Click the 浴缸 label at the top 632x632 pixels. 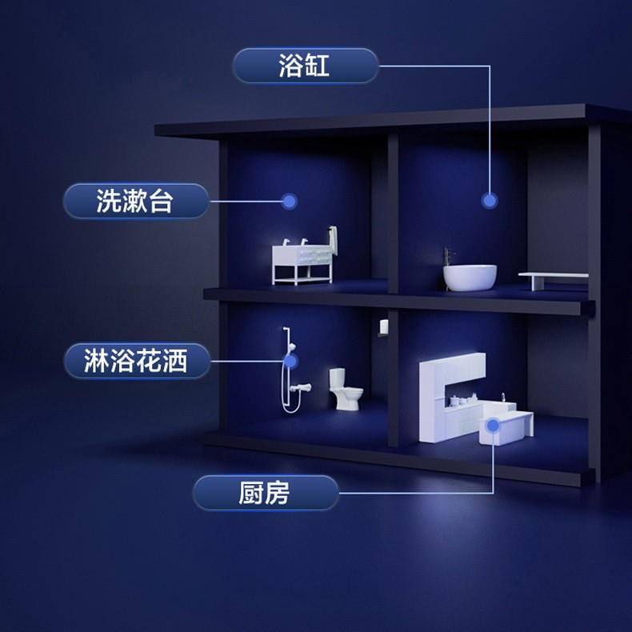coord(305,66)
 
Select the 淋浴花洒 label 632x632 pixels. coord(135,361)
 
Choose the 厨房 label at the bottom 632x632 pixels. coord(265,493)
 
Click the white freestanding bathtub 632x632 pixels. coord(470,277)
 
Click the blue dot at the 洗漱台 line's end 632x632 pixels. coord(290,201)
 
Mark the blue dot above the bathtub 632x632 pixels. coord(490,200)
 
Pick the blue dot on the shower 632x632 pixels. coord(290,362)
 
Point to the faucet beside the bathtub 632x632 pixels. coord(448,258)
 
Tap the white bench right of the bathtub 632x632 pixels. coord(553,277)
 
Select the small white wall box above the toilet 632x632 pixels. coord(383,326)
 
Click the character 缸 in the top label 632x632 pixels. coord(317,66)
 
